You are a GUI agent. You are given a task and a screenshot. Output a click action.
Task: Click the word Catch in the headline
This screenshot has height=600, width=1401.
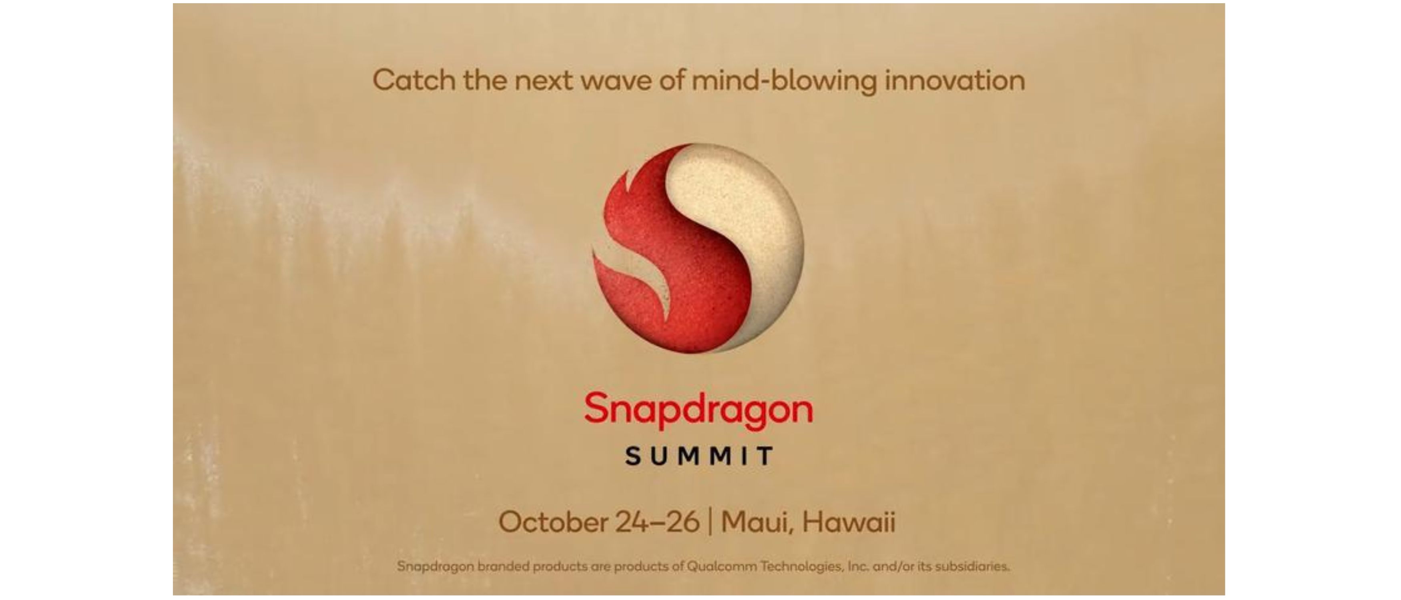click(414, 80)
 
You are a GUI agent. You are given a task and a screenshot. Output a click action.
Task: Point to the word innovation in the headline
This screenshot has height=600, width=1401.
click(955, 80)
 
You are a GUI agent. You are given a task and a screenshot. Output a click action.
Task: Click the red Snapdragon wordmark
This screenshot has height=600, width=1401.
click(699, 410)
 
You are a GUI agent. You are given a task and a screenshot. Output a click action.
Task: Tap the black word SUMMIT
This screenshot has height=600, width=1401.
click(699, 456)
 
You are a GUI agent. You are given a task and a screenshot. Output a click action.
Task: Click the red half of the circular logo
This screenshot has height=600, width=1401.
click(680, 272)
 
